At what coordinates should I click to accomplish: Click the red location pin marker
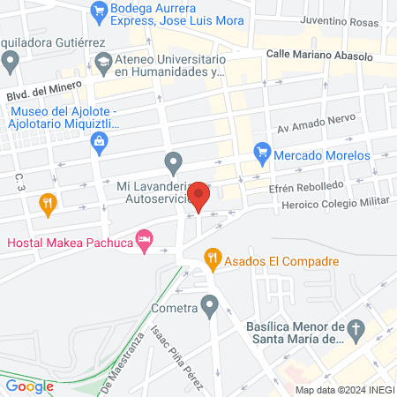coord(199,195)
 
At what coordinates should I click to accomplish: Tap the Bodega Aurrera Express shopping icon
coord(99,11)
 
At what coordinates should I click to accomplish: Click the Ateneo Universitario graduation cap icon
coord(102,61)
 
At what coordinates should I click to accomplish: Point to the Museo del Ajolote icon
coord(100,140)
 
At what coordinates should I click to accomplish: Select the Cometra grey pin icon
coord(209,306)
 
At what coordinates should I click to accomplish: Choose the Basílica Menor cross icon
coord(356,331)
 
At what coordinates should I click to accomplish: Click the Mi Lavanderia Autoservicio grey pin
coord(174,162)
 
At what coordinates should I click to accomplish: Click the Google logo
coord(29,385)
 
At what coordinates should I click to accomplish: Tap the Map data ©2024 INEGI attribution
coord(344,389)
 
